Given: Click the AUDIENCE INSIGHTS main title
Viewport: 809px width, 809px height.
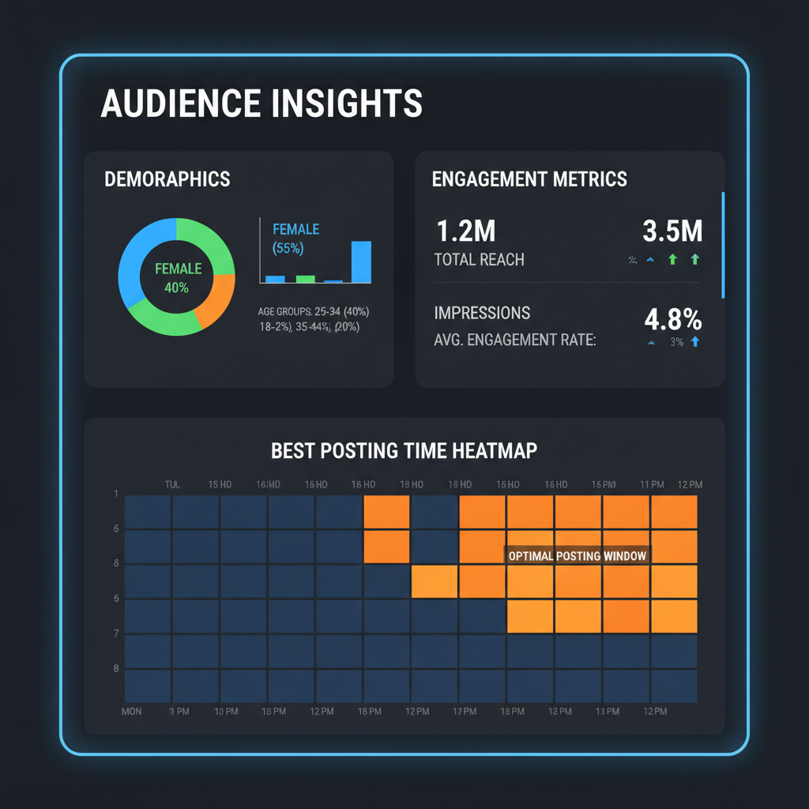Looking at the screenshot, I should [x=262, y=104].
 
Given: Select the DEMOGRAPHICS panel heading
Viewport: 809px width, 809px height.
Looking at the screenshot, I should [x=167, y=179].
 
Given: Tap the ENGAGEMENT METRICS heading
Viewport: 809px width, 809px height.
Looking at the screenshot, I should [x=529, y=179].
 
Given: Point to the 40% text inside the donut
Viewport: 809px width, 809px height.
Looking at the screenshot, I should [x=176, y=288].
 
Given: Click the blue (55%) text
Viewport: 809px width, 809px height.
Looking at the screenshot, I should [x=288, y=248].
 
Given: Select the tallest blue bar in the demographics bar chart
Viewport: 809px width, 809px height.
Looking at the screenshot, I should [x=360, y=262].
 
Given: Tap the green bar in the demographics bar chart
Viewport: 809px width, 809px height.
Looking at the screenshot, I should [x=306, y=278].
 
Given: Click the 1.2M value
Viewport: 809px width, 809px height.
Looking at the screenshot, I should [x=465, y=231].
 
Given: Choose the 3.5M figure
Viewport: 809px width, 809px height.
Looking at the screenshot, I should [x=672, y=231].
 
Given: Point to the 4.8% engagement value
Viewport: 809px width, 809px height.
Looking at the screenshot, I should [x=673, y=319].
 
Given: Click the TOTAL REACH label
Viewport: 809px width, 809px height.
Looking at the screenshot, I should [x=479, y=259].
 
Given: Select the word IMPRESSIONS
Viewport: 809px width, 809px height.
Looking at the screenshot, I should [x=482, y=313].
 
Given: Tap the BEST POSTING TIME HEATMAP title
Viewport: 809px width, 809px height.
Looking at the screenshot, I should [x=404, y=451].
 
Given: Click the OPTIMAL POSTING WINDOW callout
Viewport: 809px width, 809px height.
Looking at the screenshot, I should [x=578, y=556].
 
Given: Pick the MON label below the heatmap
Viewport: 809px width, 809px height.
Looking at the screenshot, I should [x=132, y=712].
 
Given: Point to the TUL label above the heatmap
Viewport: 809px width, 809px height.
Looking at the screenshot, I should [x=172, y=484].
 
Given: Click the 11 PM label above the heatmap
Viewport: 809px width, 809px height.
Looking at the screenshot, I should [x=652, y=484].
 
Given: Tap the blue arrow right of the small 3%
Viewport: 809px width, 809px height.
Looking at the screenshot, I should [x=695, y=342].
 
